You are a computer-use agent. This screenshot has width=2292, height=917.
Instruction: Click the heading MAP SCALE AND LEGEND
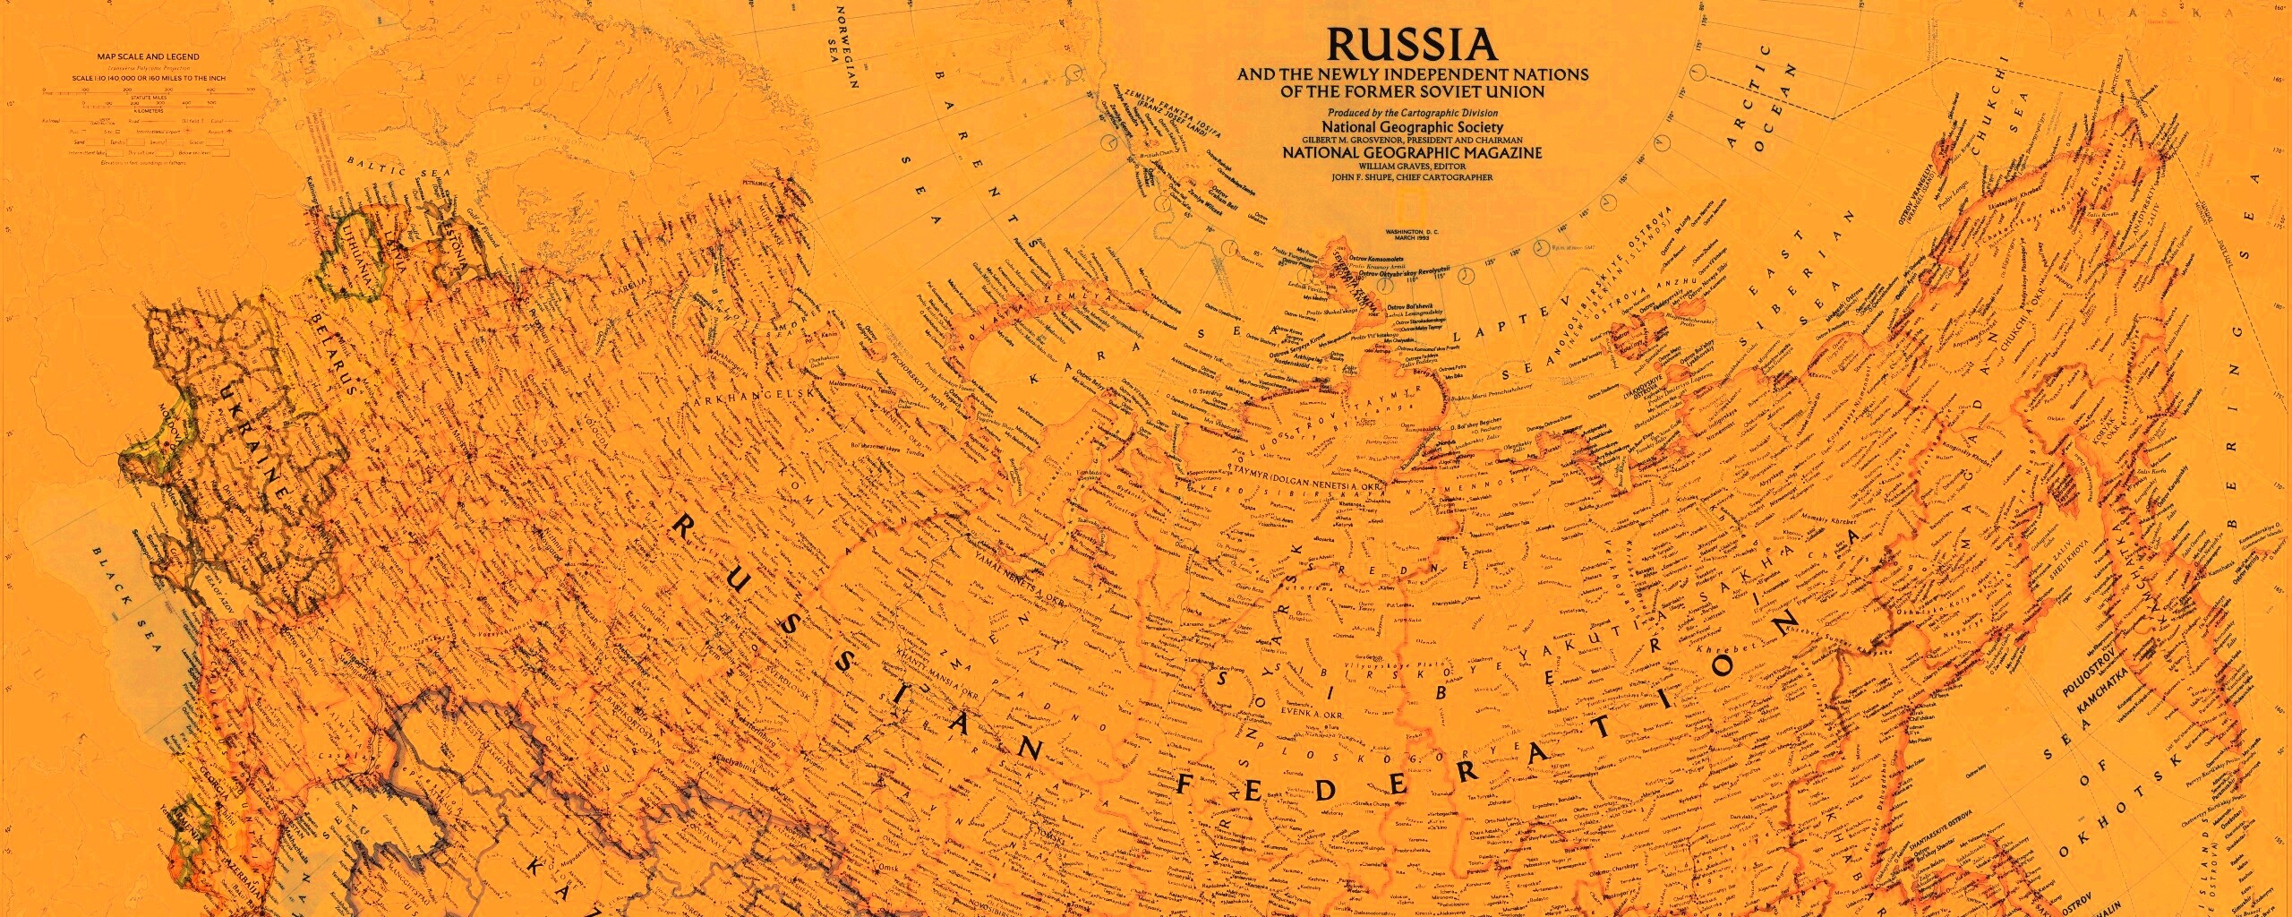tap(149, 56)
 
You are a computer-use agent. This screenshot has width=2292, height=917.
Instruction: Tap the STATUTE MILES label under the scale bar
tap(149, 100)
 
